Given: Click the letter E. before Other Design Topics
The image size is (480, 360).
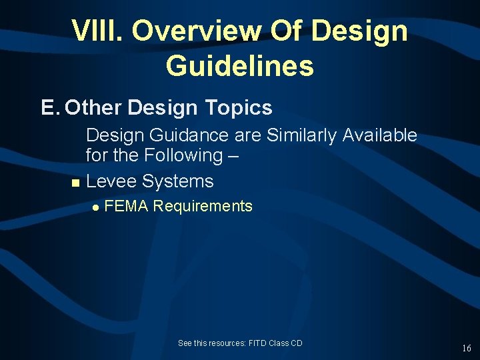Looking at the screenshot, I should pos(50,108).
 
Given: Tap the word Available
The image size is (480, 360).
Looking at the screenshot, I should pos(379,135).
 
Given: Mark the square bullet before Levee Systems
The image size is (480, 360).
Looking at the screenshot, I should pos(75,183).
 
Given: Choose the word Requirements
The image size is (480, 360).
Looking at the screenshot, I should pos(203,206).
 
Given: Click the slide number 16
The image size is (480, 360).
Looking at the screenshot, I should pos(466,348).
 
